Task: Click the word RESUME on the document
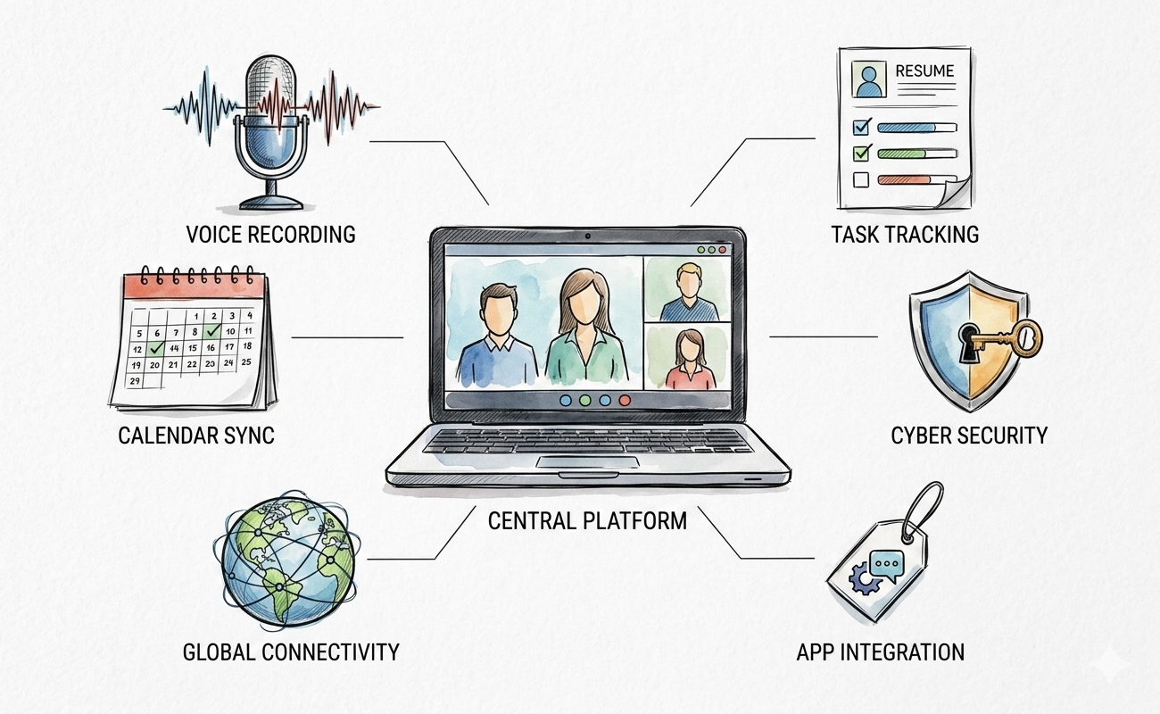(925, 71)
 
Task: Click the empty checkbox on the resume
(861, 179)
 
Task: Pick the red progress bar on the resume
(905, 179)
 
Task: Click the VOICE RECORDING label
(271, 234)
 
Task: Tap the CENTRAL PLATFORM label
(587, 520)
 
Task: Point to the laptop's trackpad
(587, 461)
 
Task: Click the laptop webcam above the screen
(588, 237)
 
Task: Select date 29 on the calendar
(135, 381)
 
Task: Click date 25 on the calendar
(246, 361)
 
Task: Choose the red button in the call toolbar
(625, 401)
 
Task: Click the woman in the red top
(688, 359)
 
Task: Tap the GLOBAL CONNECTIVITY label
(291, 652)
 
